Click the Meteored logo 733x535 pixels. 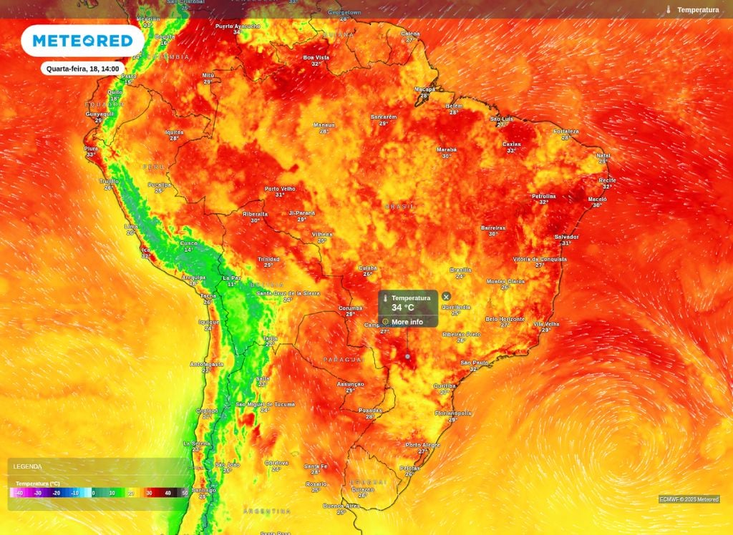(x=82, y=41)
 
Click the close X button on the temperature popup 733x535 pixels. (x=446, y=296)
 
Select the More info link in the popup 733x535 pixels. (x=407, y=322)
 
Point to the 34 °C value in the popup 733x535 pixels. (x=402, y=308)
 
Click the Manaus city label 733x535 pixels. (x=324, y=125)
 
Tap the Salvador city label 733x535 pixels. (x=566, y=237)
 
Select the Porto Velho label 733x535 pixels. (x=280, y=189)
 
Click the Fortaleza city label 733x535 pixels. (x=566, y=132)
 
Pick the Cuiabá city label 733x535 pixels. (x=367, y=268)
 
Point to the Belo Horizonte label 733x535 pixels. (x=505, y=319)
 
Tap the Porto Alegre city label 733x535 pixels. (x=422, y=445)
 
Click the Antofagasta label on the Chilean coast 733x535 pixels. (x=206, y=364)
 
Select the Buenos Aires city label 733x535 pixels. (x=341, y=506)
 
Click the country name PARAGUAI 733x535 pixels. (x=344, y=359)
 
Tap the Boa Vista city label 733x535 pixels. (x=316, y=57)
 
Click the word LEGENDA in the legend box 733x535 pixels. (x=27, y=466)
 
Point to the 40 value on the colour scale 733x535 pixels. (x=168, y=493)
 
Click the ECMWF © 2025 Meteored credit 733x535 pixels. (x=689, y=499)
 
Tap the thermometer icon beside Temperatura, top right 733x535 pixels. (x=668, y=10)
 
